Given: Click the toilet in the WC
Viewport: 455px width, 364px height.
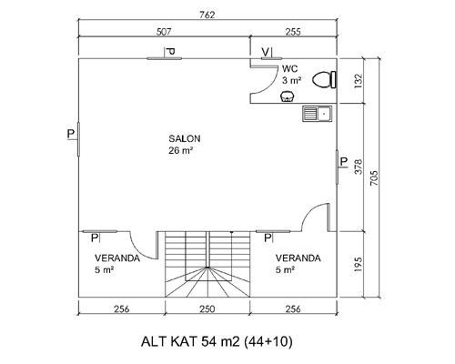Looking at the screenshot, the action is tap(324, 80).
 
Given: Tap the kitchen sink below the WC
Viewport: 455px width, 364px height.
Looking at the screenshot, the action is tap(317, 114).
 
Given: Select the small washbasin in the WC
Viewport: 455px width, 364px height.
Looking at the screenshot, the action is tap(288, 96).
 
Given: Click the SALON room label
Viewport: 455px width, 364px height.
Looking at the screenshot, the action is tap(185, 138).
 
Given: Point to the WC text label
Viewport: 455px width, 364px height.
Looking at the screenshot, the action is tap(289, 69).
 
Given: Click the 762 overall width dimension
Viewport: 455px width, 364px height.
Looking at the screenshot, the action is tap(207, 15).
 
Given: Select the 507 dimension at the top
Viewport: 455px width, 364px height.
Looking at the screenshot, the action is tap(164, 32).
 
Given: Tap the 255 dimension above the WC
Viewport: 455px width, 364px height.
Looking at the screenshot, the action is tap(293, 32).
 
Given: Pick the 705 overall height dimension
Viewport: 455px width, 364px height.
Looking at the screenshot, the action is tap(374, 178).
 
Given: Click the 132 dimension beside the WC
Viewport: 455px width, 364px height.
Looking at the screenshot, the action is tap(359, 81).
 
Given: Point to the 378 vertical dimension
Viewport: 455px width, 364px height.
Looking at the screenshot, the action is tap(359, 167).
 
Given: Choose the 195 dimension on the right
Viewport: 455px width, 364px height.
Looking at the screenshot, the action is tap(359, 264).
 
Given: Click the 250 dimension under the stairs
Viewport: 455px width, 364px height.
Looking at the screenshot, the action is tap(207, 309).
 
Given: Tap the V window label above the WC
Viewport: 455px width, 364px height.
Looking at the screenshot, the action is tap(266, 52).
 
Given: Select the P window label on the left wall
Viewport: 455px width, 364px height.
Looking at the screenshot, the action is tap(71, 134).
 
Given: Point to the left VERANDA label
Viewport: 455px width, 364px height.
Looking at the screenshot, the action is tap(117, 258).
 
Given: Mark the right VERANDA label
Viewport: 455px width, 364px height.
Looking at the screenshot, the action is tap(298, 258).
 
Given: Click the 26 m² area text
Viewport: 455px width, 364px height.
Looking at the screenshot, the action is tap(181, 150).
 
